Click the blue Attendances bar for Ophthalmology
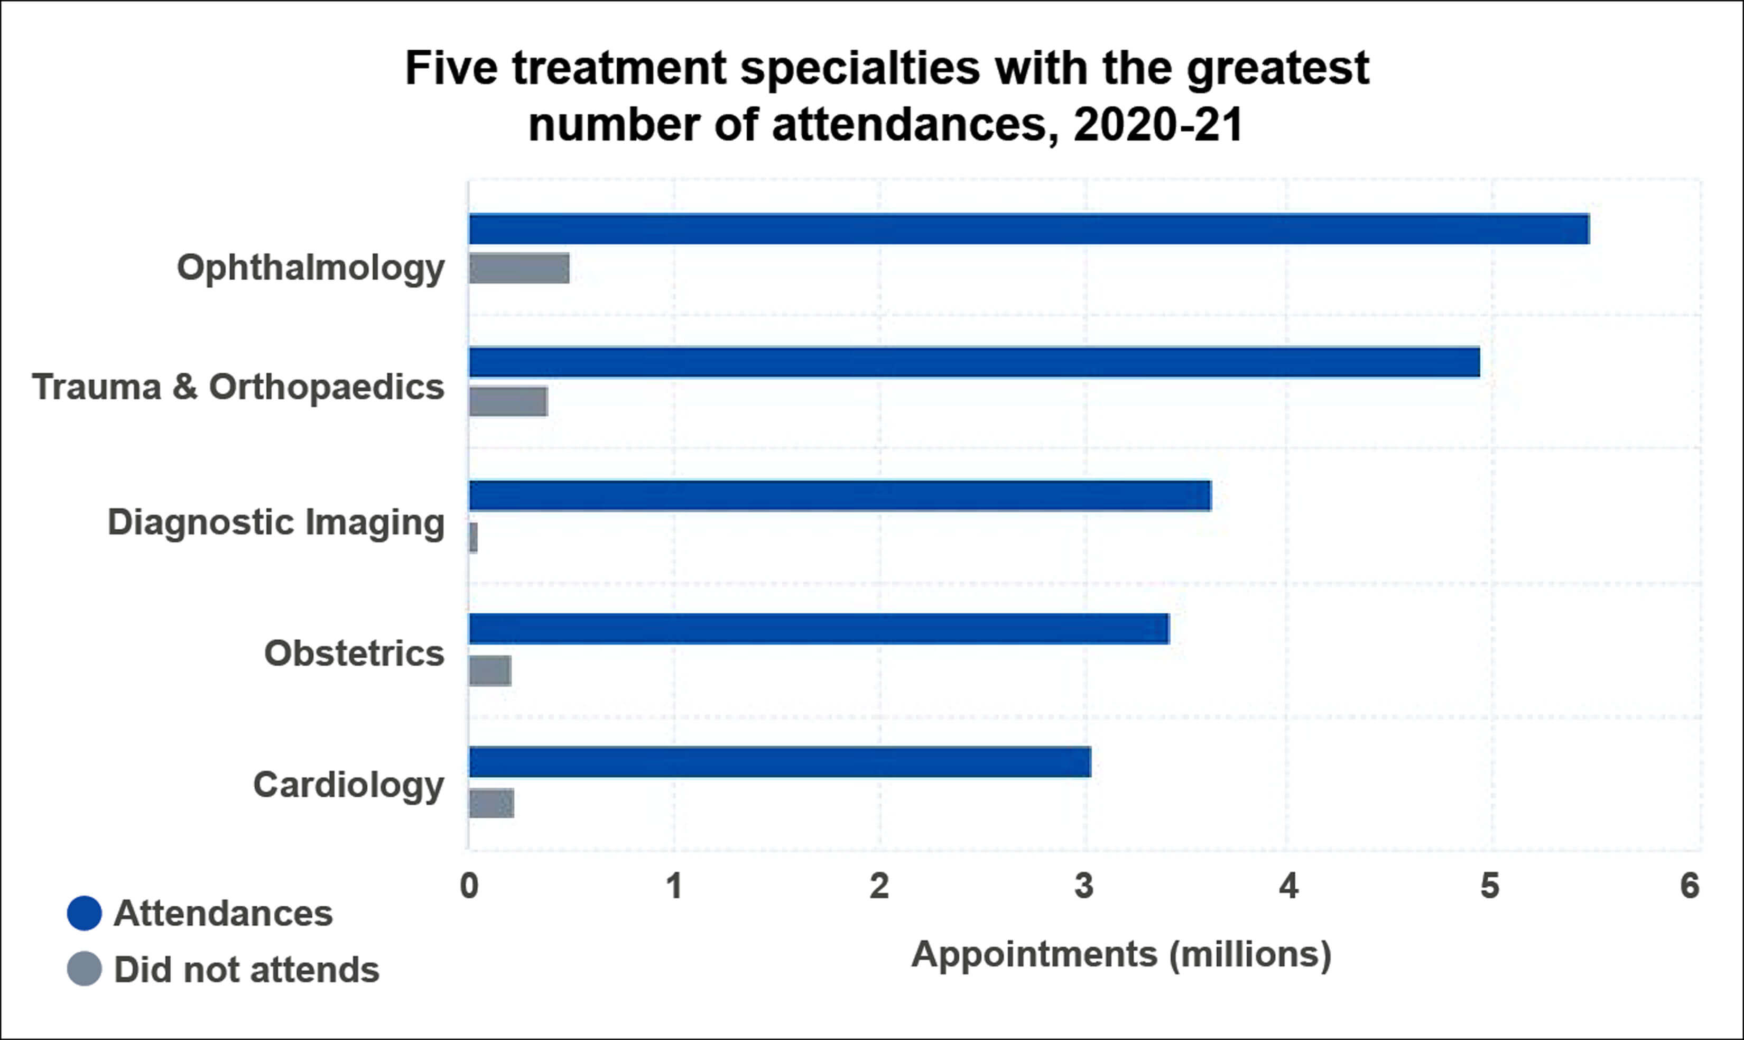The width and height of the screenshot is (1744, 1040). [1028, 229]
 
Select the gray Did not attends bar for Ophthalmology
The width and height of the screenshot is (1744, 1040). [519, 269]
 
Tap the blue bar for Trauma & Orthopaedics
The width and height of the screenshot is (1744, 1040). [973, 362]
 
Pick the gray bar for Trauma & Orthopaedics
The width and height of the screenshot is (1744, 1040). [508, 401]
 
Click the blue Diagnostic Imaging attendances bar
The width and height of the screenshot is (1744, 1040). [839, 495]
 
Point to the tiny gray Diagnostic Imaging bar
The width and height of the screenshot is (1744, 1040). [474, 538]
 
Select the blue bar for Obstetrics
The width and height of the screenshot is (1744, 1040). [818, 629]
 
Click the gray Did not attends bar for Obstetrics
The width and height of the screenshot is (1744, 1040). [489, 670]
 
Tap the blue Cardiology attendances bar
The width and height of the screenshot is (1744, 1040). [779, 762]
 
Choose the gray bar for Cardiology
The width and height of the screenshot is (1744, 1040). [491, 803]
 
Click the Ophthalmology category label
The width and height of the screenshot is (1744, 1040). [310, 268]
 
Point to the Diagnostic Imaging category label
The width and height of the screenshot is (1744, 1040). [276, 523]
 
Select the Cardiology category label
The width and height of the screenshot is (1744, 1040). [348, 785]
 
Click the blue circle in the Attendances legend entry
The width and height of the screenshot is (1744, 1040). [84, 913]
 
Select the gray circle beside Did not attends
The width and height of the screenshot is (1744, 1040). [84, 969]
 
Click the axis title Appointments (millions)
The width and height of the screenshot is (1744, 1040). [1120, 954]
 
